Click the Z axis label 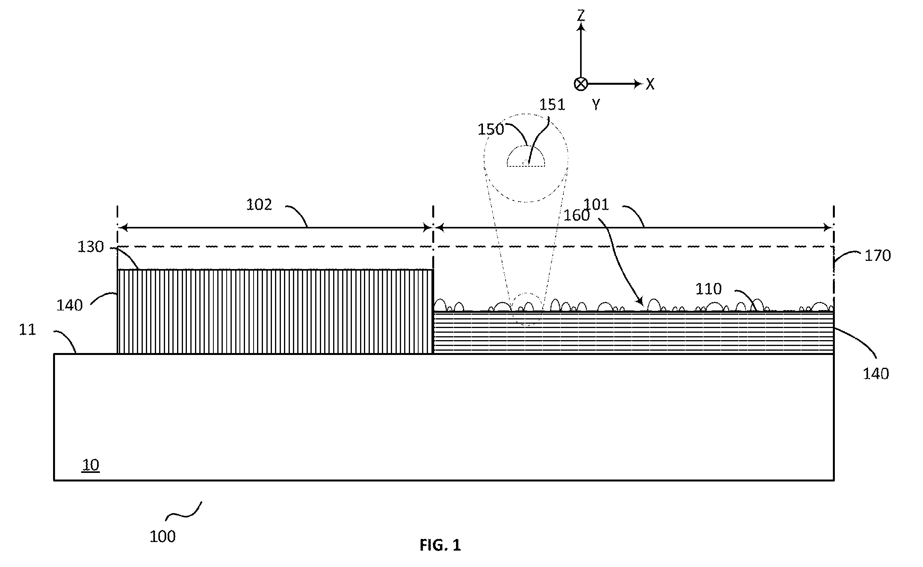pos(581,15)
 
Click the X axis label pos(650,84)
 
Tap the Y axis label pos(596,104)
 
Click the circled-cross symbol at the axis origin pos(581,84)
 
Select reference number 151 pos(552,105)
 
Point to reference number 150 pos(491,129)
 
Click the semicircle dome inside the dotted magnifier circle pos(525,156)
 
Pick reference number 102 pos(259,205)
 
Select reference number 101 pos(596,204)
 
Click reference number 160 pos(577,215)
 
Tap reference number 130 pos(91,247)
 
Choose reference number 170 pos(878,256)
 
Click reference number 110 pos(709,289)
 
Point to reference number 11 pos(27,330)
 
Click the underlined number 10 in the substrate pos(91,465)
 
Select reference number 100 pos(163,537)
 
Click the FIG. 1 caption pos(440,545)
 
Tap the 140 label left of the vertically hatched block pos(69,305)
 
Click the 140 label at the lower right pos(876,374)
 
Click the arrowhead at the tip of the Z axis pos(581,27)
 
